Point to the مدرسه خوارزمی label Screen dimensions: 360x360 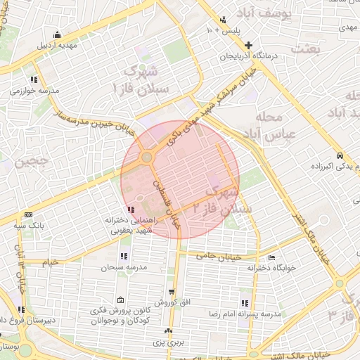[x=30, y=91]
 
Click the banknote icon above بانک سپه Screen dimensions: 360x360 [x=28, y=214]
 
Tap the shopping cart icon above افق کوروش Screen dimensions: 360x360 [x=172, y=291]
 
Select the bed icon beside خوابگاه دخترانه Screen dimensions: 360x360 [x=271, y=257]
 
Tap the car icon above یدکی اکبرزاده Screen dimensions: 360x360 [x=340, y=155]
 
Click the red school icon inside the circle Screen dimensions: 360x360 [x=131, y=210]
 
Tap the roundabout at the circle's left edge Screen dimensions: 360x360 [x=146, y=157]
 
